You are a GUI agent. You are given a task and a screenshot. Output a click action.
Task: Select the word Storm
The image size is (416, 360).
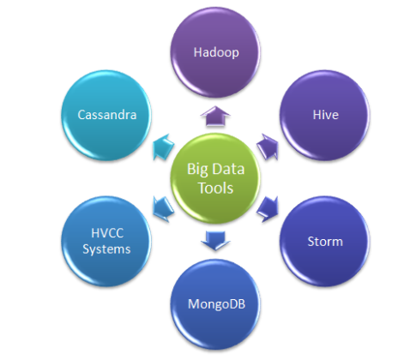[324, 241]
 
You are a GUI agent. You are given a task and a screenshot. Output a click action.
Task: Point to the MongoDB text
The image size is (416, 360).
[214, 303]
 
